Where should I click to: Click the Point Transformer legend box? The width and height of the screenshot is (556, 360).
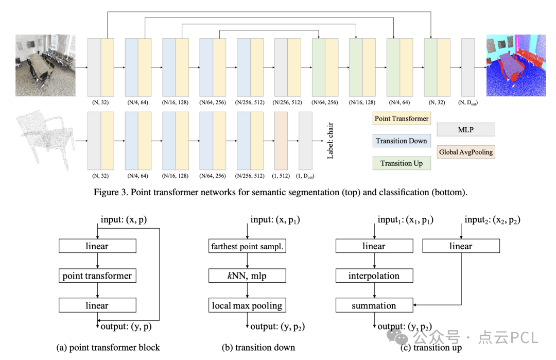[402, 118]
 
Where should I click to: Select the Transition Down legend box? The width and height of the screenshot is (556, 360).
[402, 141]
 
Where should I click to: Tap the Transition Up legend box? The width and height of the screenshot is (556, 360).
[402, 163]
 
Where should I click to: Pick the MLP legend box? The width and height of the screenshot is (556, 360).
[465, 130]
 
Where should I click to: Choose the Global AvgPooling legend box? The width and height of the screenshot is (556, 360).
[465, 152]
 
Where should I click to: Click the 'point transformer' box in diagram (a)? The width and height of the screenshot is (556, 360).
[97, 276]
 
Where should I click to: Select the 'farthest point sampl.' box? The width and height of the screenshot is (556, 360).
[247, 246]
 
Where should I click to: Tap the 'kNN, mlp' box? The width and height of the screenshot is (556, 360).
[247, 276]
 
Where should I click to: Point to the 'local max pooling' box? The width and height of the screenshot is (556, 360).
[247, 305]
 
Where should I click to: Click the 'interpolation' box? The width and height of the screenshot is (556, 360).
[374, 276]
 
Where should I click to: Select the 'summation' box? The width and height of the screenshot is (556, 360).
[374, 305]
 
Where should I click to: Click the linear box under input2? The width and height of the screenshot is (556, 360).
[461, 246]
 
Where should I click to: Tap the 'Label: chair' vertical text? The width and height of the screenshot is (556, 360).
[330, 141]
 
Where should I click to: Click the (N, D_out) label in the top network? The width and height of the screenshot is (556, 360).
[467, 102]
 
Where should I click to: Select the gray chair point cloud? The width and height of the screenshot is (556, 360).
[45, 140]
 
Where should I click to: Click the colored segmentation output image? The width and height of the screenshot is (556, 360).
[516, 65]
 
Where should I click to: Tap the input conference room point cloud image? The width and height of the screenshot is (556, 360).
[45, 65]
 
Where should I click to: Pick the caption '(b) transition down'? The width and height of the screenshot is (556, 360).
[258, 348]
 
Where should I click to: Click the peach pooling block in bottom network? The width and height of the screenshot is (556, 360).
[281, 141]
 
